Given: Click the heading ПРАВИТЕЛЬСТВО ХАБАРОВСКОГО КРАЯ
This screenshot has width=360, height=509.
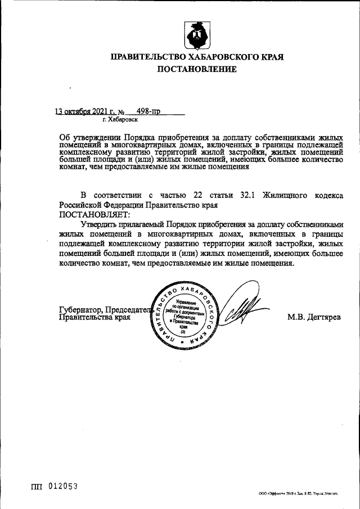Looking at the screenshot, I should (x=196, y=57).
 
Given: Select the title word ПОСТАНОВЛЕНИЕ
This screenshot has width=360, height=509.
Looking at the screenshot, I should (x=196, y=70).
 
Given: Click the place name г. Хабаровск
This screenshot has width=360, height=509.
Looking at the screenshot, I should (x=119, y=120).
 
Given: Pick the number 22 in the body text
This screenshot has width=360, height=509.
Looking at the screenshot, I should (x=197, y=196).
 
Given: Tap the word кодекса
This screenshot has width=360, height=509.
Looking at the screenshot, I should (x=327, y=196).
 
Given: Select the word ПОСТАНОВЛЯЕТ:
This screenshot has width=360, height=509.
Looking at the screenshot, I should (x=94, y=214).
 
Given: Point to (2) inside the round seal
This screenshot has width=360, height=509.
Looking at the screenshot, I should (x=183, y=331).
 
